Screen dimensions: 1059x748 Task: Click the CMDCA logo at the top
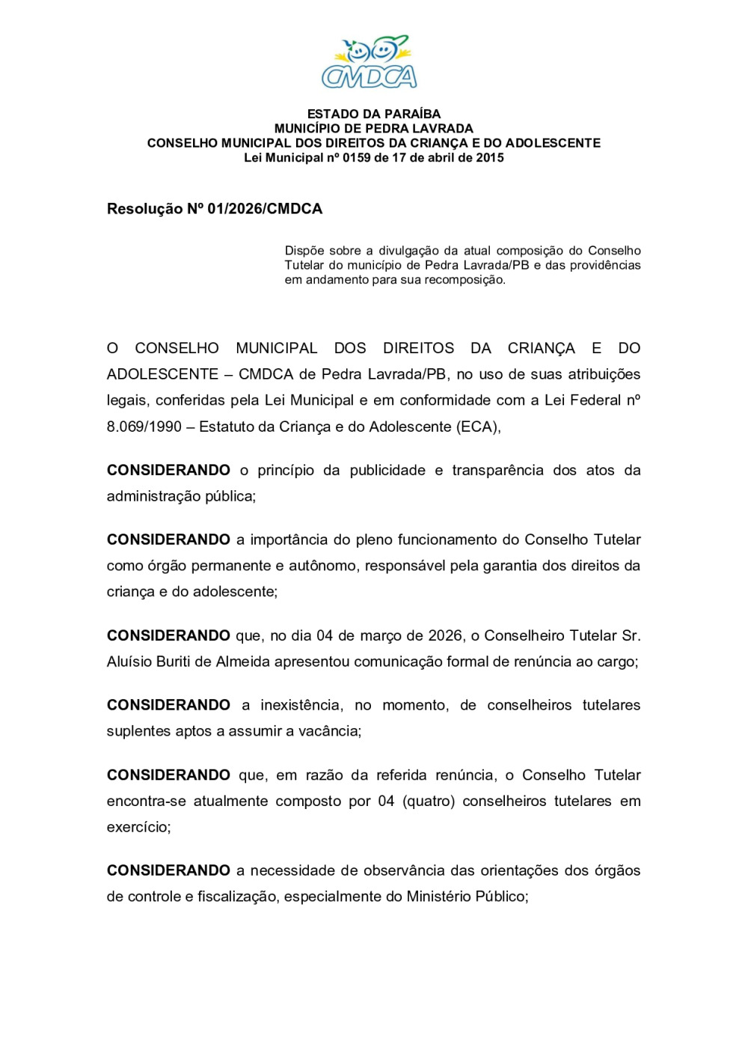[370, 62]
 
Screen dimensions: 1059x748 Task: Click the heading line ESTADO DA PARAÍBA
[374, 114]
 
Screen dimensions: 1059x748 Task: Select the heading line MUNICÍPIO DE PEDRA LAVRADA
[374, 129]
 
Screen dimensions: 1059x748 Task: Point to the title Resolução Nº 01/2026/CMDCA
[215, 209]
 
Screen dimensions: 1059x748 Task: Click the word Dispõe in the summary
[304, 251]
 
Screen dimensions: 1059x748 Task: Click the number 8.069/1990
[144, 427]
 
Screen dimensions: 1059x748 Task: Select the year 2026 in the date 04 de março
[445, 635]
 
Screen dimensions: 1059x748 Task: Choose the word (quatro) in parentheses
[429, 801]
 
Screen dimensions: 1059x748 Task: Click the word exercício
[138, 827]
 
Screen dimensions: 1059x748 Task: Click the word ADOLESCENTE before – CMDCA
[161, 374]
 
